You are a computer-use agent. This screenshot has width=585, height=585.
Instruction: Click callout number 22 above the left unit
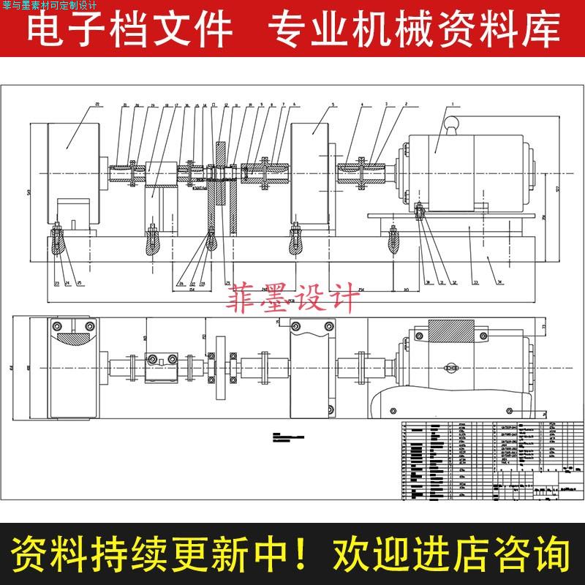pyautogui.click(x=97, y=105)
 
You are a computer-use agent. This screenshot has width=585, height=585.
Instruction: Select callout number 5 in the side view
pyautogui.click(x=333, y=105)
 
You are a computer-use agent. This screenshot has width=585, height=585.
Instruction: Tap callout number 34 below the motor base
pyautogui.click(x=499, y=282)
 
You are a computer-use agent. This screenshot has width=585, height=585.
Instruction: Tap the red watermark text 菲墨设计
pyautogui.click(x=294, y=299)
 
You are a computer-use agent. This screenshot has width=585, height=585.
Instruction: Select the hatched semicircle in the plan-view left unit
pyautogui.click(x=71, y=341)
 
